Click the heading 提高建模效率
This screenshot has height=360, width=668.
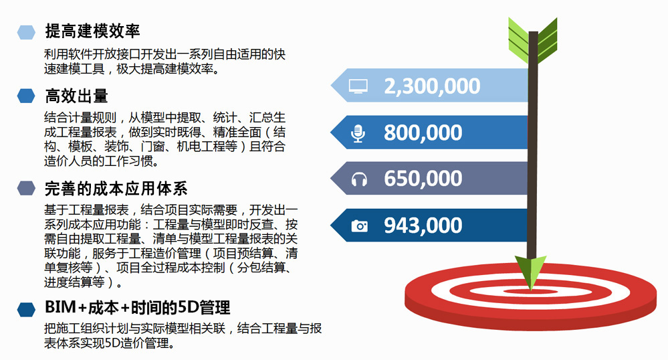(x=92, y=31)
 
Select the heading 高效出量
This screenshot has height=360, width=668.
(x=77, y=96)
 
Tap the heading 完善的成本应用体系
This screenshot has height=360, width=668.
(x=116, y=189)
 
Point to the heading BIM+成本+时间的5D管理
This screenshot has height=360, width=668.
(x=138, y=307)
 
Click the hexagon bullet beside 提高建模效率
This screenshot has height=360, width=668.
(x=26, y=32)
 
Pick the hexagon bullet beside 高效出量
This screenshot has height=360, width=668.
(x=26, y=96)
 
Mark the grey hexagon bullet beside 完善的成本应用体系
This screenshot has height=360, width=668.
(x=26, y=188)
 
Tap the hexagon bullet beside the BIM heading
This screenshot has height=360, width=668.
(x=26, y=309)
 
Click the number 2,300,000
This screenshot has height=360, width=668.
(x=432, y=86)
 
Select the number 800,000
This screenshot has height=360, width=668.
(x=423, y=132)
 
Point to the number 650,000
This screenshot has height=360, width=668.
(x=423, y=178)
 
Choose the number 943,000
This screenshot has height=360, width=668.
(x=423, y=226)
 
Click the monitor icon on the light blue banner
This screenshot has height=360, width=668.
(x=358, y=86)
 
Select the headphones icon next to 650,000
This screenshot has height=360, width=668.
(x=359, y=179)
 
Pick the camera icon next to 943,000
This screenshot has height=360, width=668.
(x=359, y=226)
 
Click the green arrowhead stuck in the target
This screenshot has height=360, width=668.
(x=531, y=272)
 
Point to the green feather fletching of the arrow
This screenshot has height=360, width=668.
(x=533, y=41)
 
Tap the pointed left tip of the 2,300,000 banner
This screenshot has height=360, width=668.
(x=331, y=85)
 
